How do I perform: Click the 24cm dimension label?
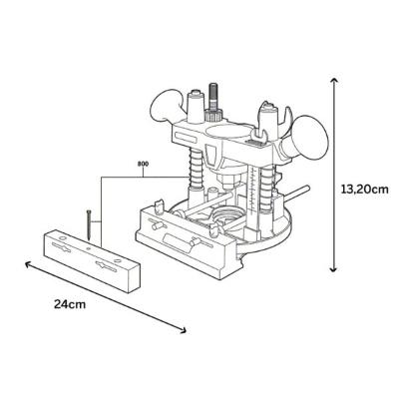coord(70,304)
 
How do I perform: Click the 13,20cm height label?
coord(365,190)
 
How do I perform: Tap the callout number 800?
coord(143,164)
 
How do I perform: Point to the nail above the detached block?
coord(89,224)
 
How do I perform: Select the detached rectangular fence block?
coord(92,261)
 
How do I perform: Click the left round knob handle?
coord(166,105)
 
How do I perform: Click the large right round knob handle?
coord(307,137)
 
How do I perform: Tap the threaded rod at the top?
coord(212,97)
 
